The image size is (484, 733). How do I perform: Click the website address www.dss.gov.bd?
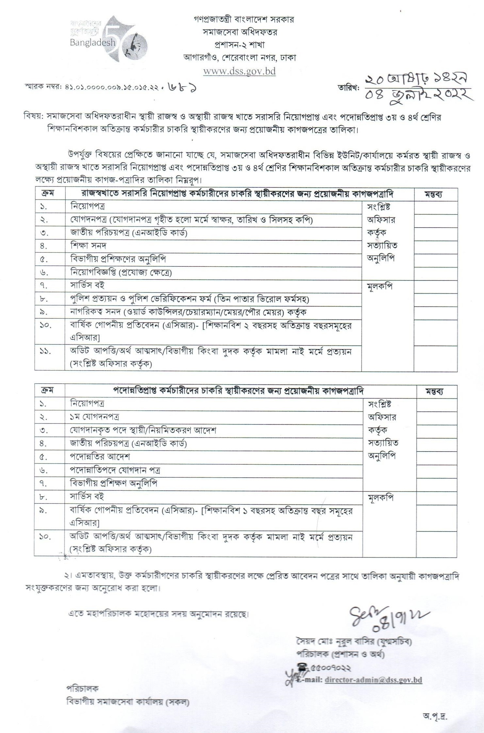point(239,71)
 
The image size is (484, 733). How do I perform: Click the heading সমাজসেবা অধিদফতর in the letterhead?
point(240,32)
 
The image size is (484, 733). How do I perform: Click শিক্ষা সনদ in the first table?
point(88,246)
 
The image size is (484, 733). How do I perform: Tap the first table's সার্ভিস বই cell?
point(87,285)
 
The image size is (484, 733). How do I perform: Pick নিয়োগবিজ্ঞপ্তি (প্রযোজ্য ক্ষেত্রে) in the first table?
point(121,272)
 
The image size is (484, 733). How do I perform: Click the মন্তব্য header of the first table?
point(433,194)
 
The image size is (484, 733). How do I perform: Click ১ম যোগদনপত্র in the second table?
point(94,417)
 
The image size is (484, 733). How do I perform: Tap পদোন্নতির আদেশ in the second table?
point(100,456)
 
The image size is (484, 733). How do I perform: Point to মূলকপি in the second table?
point(381,498)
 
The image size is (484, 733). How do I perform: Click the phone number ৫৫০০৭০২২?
point(332,668)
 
